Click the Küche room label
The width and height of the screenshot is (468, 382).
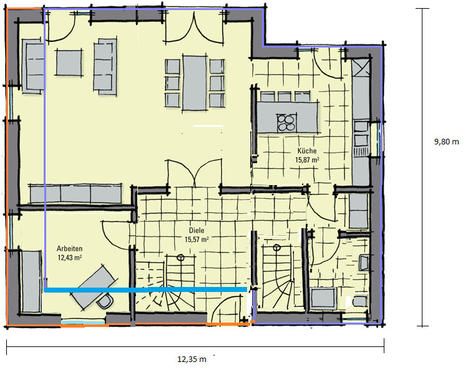tap(306, 151)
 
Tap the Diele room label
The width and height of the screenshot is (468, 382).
tap(197, 229)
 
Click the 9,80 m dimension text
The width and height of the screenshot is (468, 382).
tap(446, 142)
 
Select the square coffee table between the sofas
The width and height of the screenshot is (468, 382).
tap(69, 63)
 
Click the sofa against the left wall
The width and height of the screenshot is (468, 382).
tap(32, 64)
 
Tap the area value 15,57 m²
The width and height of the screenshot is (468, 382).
tap(197, 239)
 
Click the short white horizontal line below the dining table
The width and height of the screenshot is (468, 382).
tap(208, 127)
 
